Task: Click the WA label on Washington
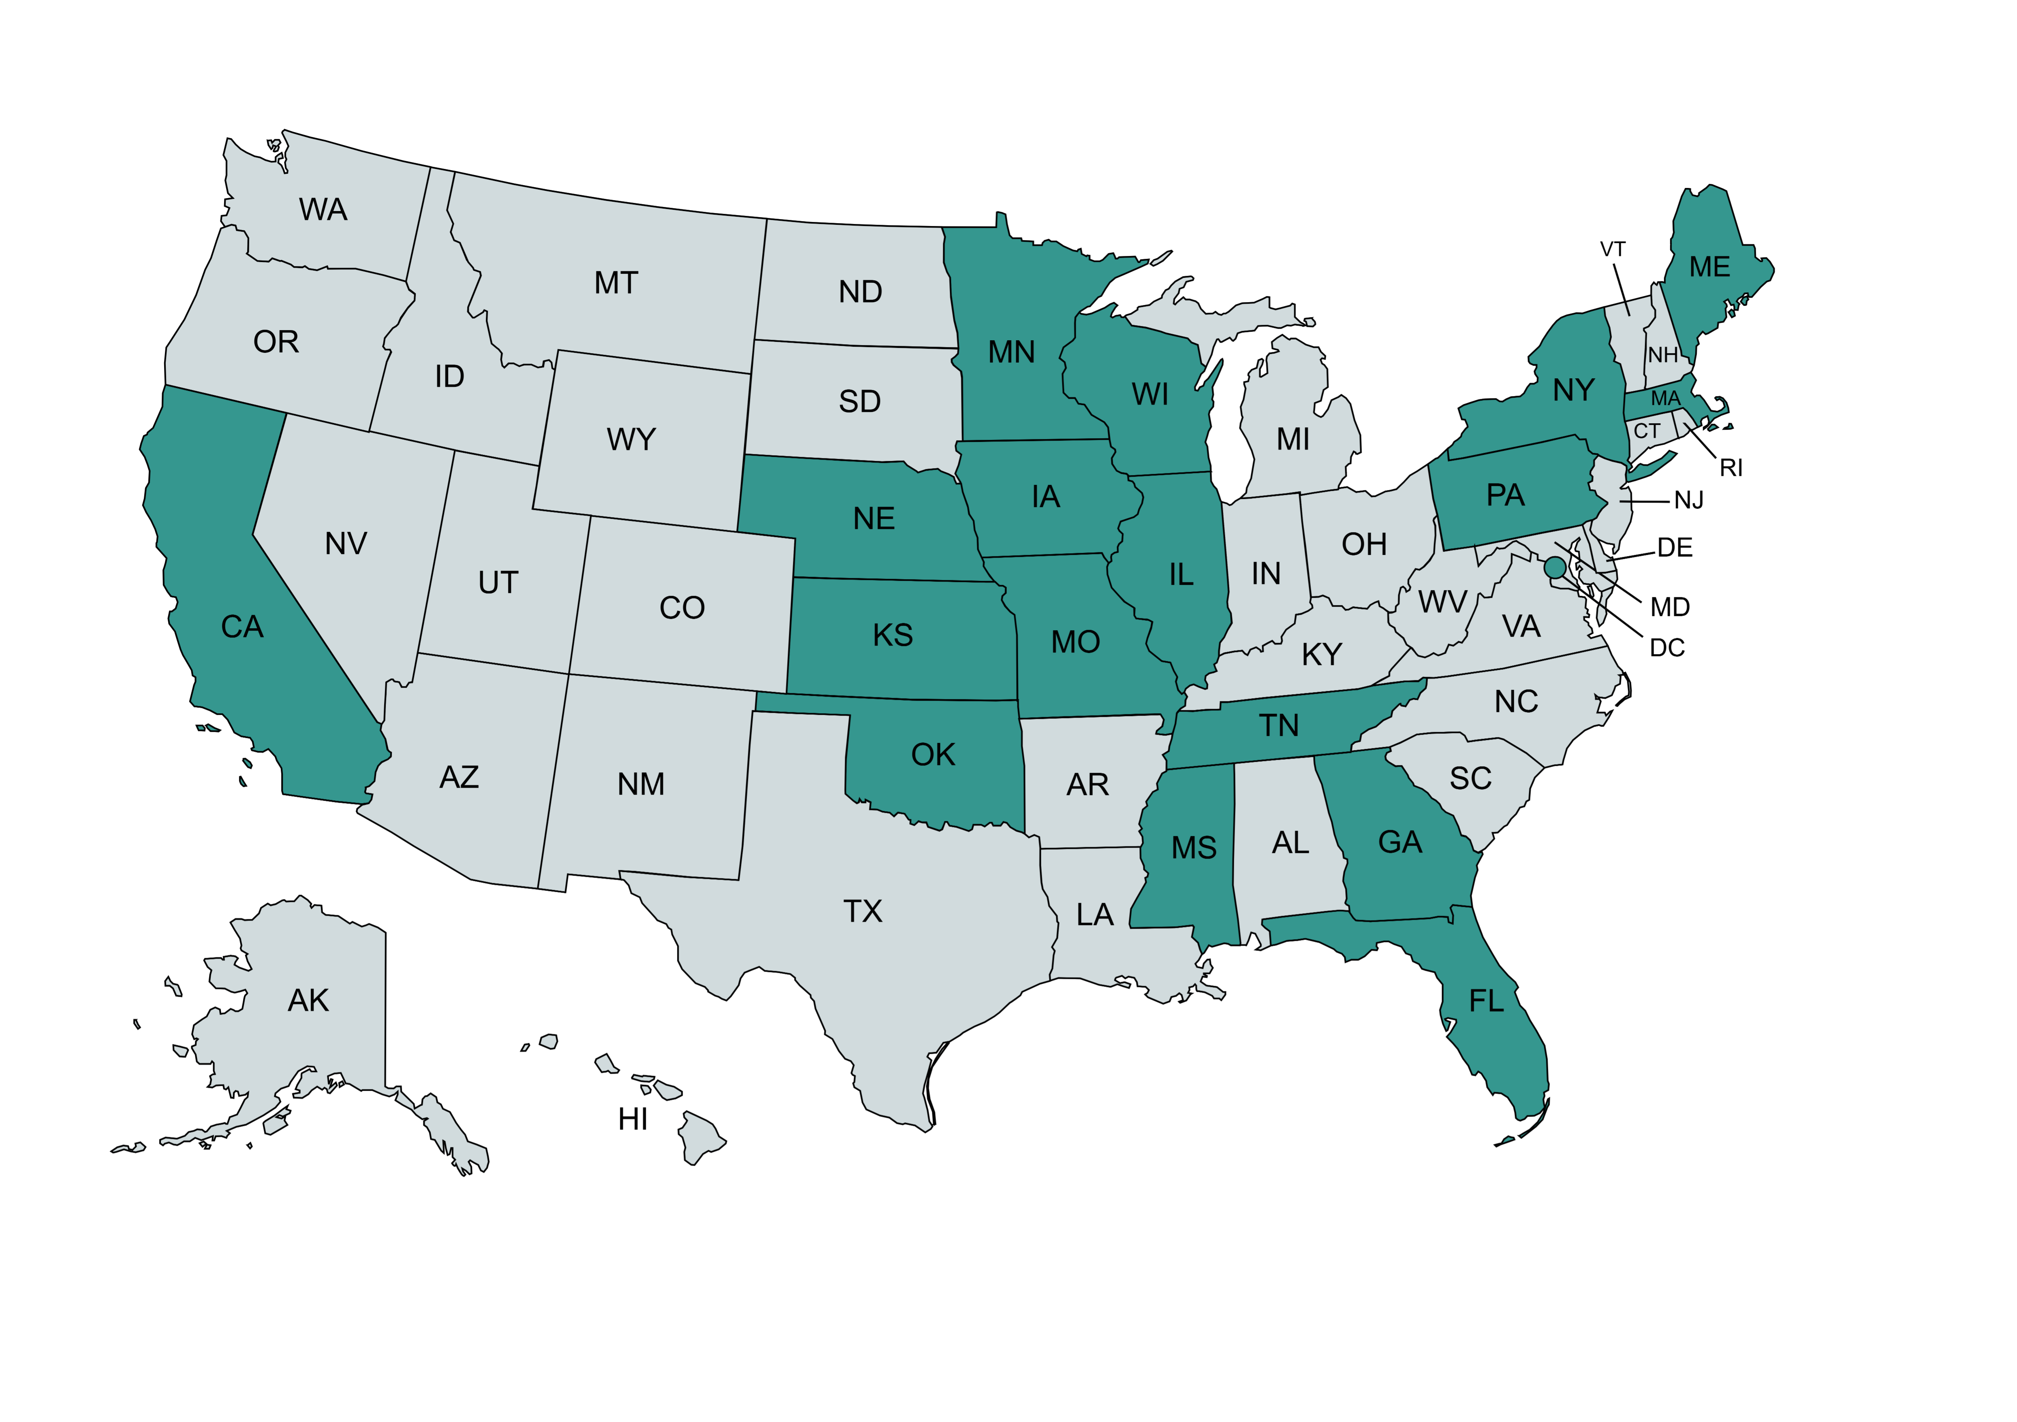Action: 323,210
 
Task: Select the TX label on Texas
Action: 863,912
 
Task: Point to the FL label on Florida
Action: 1486,1001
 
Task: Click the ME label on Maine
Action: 1709,267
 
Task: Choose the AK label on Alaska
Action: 308,1000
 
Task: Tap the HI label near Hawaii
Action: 632,1120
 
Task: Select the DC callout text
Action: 1667,648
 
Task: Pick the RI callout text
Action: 1731,468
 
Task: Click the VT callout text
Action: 1613,249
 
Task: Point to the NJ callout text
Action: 1688,501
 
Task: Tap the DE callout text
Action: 1674,548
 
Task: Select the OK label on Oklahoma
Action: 933,755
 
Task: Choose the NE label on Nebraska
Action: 874,519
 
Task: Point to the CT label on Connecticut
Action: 1646,431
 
